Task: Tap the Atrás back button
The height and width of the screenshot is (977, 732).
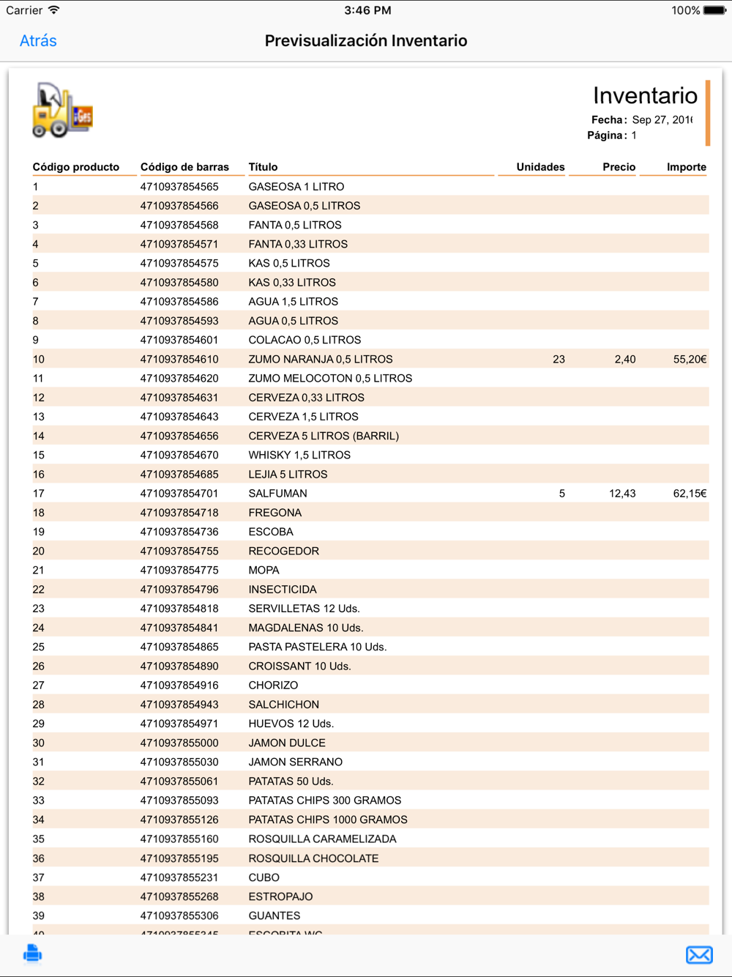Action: coord(38,41)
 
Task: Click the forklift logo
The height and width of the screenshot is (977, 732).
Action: coord(62,111)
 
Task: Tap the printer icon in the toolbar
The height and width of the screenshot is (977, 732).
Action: coord(32,954)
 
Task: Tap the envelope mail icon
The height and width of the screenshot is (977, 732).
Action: coord(699,954)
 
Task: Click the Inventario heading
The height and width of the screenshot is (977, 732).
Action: coord(645,96)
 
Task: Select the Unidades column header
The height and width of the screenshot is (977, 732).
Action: coord(540,167)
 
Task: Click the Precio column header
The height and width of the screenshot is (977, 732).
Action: coord(619,167)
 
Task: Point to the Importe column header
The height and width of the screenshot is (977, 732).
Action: coord(686,167)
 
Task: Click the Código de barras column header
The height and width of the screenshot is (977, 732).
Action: coord(184,167)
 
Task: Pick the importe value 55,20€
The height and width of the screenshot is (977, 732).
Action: coord(690,360)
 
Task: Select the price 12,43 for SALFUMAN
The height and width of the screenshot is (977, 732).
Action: coord(622,494)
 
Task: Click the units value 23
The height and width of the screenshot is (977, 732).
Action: coord(559,360)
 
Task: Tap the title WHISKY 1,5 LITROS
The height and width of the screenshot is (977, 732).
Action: coord(299,456)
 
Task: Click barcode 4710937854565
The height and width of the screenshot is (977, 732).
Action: coord(179,187)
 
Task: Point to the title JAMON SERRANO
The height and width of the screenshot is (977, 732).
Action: coord(295,762)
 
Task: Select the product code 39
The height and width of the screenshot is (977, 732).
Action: coord(39,916)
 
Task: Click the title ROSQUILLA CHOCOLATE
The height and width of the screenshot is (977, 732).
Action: coord(313,858)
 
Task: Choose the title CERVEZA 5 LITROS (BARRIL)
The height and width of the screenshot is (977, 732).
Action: coord(324,437)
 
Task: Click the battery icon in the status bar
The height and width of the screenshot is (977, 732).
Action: coord(714,10)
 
